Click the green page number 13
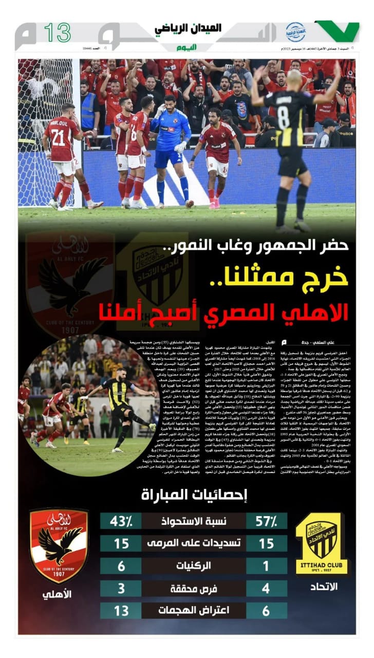click(x=57, y=33)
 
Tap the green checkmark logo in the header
click(x=338, y=31)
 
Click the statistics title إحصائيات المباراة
click(x=194, y=495)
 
